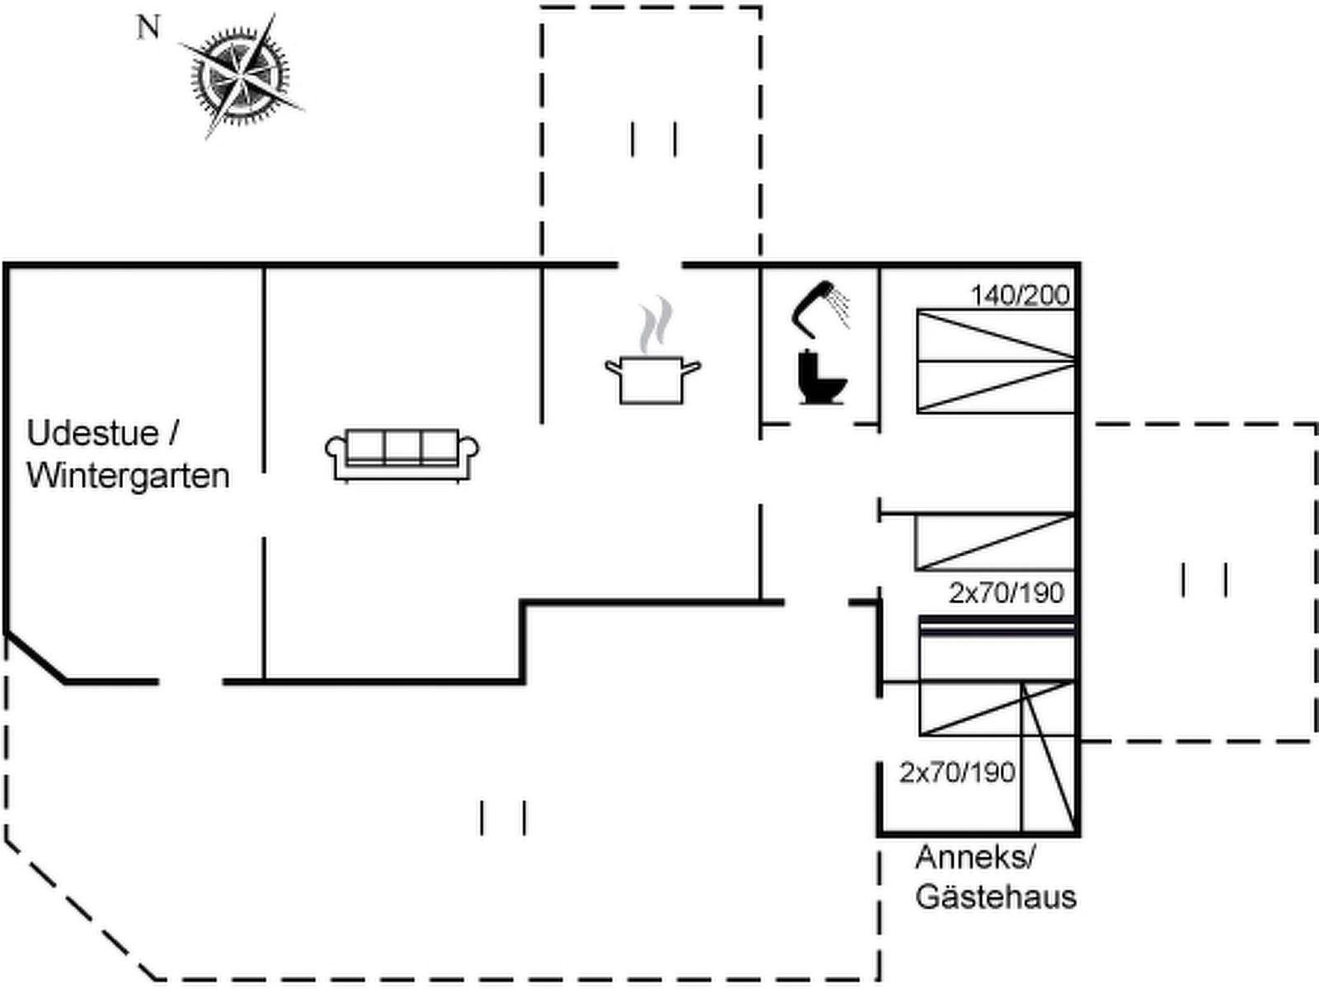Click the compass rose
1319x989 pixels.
tap(241, 77)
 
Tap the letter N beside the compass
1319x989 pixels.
tap(148, 28)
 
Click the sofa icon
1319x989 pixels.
tap(402, 453)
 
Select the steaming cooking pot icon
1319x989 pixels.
tap(653, 377)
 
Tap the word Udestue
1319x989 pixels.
tap(92, 433)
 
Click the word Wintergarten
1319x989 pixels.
tap(128, 476)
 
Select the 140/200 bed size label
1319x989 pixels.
tap(1020, 295)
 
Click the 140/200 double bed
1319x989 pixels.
tap(996, 361)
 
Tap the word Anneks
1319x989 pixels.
tap(974, 858)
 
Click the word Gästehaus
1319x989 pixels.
tap(996, 896)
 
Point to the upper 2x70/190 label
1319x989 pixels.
tap(1006, 593)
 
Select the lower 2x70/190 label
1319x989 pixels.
tap(956, 772)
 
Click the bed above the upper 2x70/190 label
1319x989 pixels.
tap(994, 541)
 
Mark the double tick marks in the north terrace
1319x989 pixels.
tap(654, 138)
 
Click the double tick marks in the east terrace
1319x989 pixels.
tap(1204, 579)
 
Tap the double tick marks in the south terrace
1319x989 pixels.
tap(503, 818)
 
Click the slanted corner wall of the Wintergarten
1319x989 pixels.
tap(35, 657)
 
